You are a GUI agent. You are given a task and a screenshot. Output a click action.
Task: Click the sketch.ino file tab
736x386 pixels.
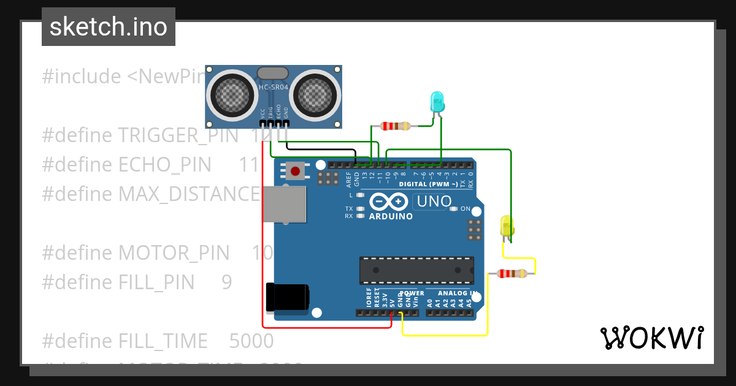(x=109, y=27)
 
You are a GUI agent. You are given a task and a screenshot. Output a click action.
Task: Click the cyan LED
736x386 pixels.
(x=437, y=100)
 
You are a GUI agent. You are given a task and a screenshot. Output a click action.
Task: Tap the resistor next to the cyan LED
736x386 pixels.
(x=395, y=126)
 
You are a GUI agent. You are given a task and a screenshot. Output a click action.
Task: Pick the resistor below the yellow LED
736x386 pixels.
(x=511, y=274)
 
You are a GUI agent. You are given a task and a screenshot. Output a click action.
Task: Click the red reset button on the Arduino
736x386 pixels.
(x=296, y=171)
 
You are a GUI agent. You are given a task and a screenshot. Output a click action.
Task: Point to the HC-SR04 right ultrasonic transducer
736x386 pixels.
(x=315, y=94)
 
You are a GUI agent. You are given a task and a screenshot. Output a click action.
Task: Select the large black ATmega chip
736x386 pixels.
(x=416, y=270)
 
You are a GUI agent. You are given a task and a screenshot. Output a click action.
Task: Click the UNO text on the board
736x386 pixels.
(x=434, y=201)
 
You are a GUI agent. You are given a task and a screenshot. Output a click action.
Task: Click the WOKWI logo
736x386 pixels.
(x=651, y=338)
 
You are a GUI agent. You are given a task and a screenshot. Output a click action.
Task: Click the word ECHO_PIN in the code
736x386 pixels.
(x=164, y=164)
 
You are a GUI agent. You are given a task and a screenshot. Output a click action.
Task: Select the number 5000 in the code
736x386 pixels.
(x=251, y=340)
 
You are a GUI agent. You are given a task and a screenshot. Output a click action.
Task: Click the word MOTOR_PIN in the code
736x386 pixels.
(x=174, y=252)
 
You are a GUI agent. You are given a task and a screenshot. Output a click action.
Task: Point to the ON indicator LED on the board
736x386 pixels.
(x=454, y=209)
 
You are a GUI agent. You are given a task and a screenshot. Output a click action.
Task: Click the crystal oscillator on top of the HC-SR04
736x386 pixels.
(x=273, y=73)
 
